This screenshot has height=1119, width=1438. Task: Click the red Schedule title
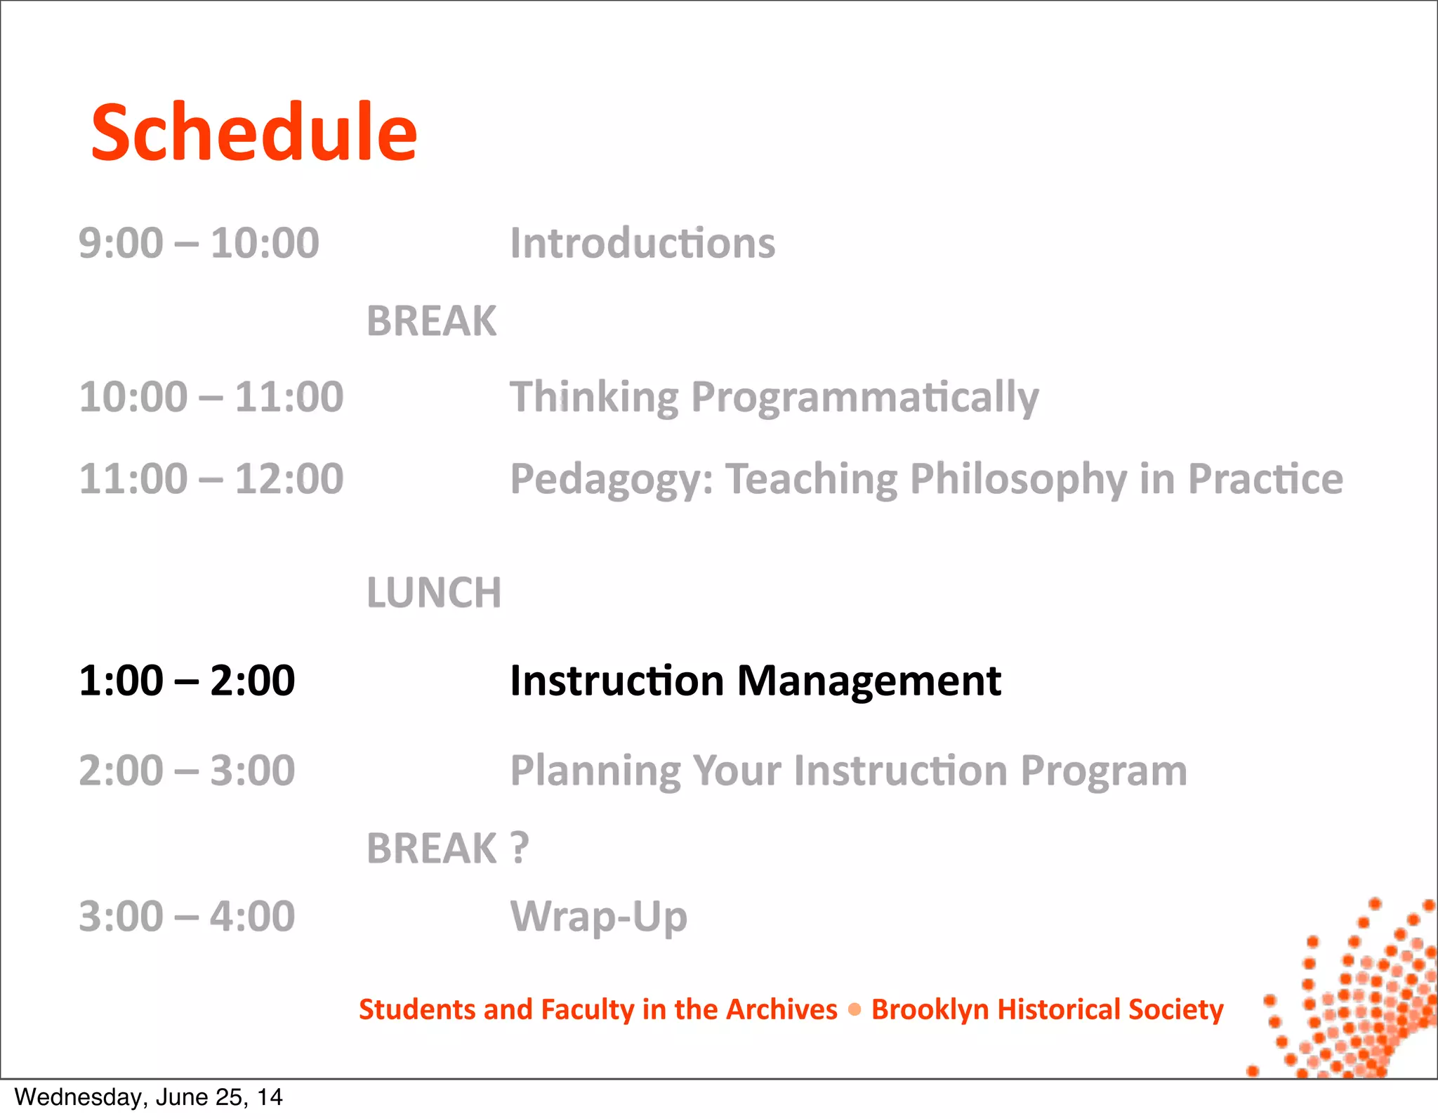[x=254, y=132]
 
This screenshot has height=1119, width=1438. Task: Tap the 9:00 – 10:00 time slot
[x=199, y=244]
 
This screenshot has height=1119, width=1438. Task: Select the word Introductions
[x=642, y=244]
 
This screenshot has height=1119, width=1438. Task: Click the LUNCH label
[x=434, y=593]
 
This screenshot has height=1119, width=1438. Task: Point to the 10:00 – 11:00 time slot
[x=211, y=397]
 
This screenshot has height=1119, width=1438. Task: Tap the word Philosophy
[x=1018, y=480]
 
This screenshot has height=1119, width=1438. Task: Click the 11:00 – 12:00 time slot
[x=211, y=479]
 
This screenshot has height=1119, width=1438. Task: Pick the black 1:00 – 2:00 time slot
[x=187, y=681]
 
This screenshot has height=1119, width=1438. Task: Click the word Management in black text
[x=869, y=681]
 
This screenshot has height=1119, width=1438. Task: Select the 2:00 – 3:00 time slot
[x=187, y=771]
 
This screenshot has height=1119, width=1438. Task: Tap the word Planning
[x=595, y=771]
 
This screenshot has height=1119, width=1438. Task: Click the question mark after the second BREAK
[x=519, y=848]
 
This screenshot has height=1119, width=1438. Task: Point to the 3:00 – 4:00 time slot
[x=187, y=917]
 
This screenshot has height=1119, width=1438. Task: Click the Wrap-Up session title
[x=598, y=917]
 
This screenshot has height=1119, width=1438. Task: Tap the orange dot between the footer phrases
[x=855, y=1009]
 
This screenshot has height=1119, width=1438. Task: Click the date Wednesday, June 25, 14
[x=148, y=1097]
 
